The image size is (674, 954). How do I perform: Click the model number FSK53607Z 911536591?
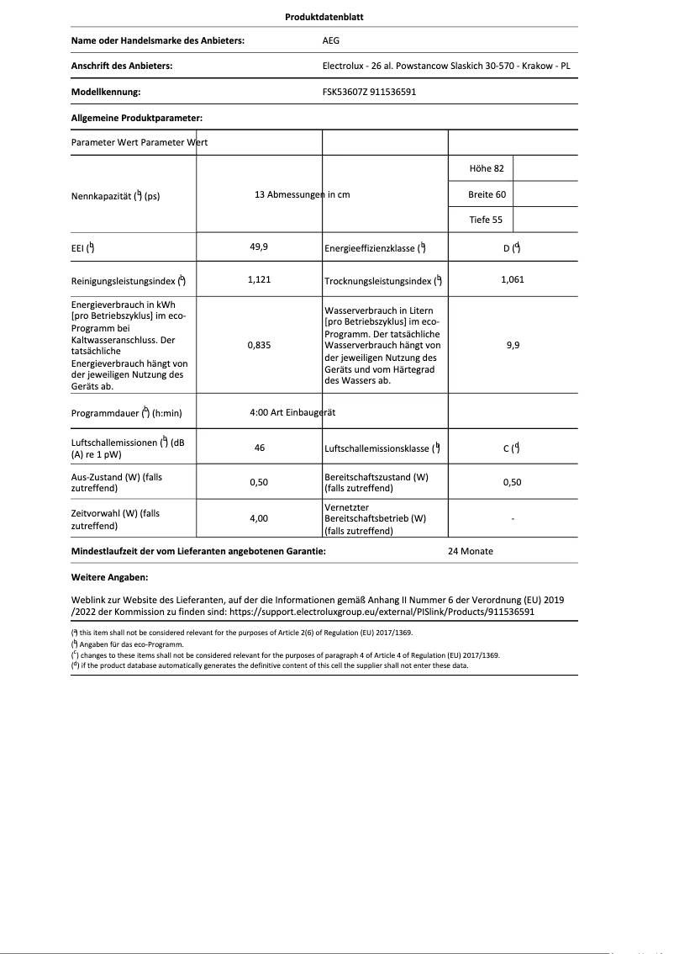tap(369, 92)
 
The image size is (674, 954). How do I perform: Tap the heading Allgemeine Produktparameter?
tap(137, 119)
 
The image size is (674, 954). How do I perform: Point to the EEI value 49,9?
tap(259, 247)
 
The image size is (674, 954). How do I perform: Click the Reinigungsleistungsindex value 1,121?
tap(259, 279)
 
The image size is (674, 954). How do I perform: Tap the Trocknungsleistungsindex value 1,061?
tap(512, 279)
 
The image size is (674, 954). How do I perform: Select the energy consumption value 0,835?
tap(259, 345)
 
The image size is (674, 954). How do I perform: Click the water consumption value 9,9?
tap(512, 345)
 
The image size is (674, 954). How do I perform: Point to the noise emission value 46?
tap(259, 448)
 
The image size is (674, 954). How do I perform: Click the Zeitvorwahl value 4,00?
tap(259, 519)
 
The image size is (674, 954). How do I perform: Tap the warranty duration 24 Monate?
tap(471, 551)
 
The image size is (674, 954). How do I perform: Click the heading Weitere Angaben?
tap(110, 578)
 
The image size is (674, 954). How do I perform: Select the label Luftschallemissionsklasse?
tap(378, 449)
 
